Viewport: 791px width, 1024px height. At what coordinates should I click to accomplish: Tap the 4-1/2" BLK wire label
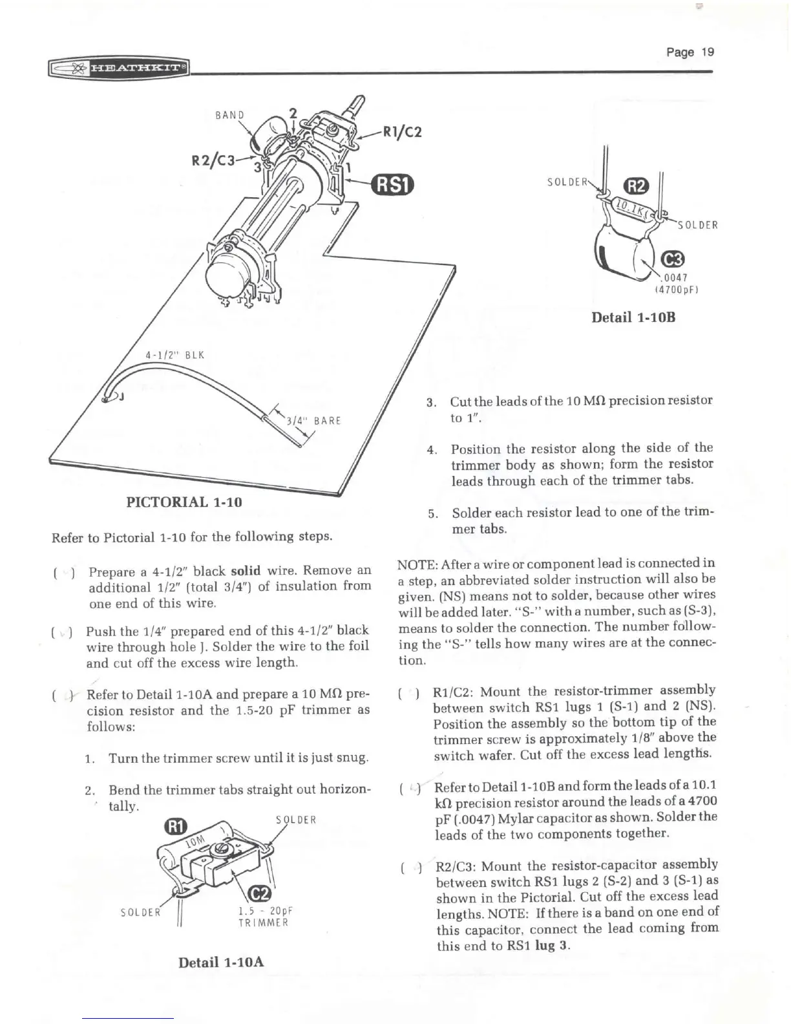click(x=173, y=355)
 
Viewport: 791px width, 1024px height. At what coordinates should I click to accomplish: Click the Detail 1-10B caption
click(x=633, y=317)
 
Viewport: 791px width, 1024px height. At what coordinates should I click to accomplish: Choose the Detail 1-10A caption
click(x=221, y=962)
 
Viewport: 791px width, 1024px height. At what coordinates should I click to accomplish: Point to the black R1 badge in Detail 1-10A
click(x=176, y=827)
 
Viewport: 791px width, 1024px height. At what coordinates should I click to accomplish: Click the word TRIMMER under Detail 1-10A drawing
click(x=264, y=923)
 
